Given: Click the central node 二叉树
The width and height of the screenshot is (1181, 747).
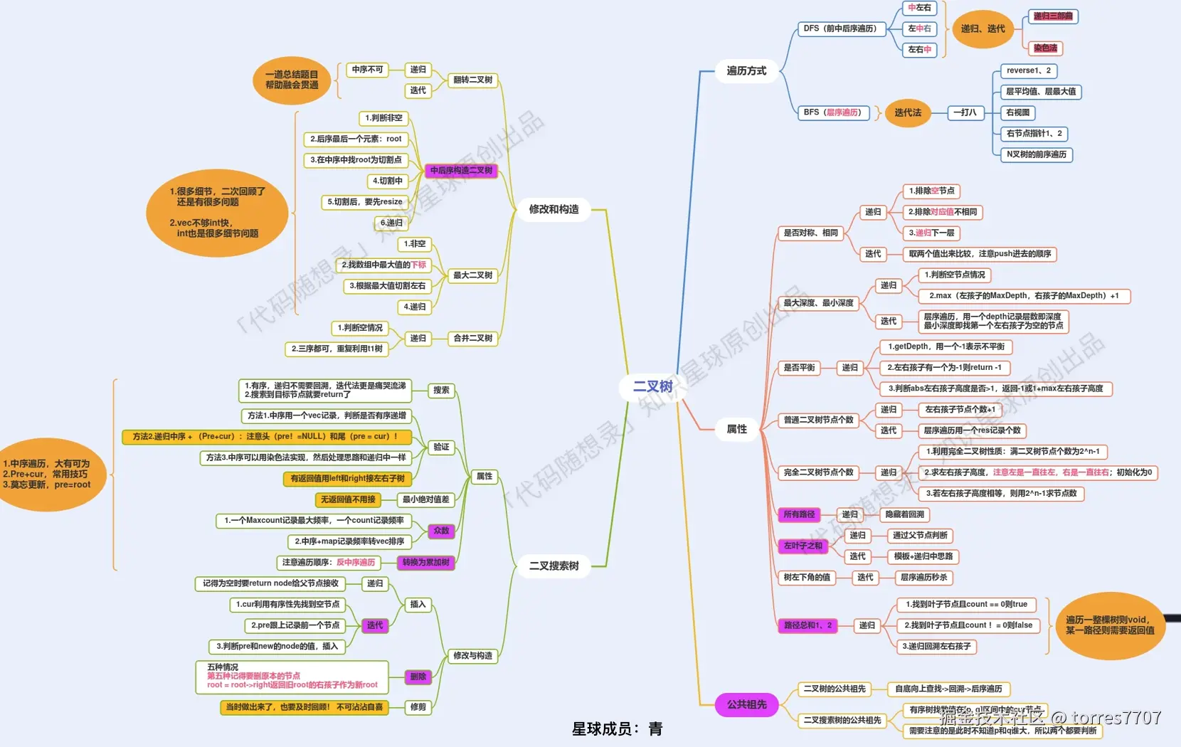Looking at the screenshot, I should (x=652, y=386).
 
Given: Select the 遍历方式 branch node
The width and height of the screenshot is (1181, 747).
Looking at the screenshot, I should (x=746, y=71).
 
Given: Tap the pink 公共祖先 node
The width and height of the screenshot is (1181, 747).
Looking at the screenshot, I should (x=746, y=704).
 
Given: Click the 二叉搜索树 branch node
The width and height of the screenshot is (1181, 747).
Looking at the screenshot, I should (x=554, y=566).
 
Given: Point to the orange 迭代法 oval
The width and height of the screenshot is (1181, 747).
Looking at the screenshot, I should (x=908, y=112).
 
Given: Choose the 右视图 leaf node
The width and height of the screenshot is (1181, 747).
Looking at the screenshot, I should (x=1017, y=112).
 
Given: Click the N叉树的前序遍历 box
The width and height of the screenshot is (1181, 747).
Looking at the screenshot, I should (x=1036, y=154).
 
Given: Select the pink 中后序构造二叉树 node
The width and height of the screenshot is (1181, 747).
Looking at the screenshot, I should (x=461, y=171).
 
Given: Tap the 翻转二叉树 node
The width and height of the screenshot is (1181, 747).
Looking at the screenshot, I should (x=472, y=80).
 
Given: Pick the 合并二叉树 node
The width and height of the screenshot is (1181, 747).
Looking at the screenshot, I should (x=472, y=338).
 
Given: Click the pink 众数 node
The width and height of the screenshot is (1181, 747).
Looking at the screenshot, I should (x=441, y=531).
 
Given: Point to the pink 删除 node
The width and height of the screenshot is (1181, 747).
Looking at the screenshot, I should (x=418, y=677).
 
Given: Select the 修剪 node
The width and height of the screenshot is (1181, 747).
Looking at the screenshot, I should (x=418, y=707).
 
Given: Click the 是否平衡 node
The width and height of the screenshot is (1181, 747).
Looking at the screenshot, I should (x=799, y=368).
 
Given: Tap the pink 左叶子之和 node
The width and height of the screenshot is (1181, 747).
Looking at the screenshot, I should (x=803, y=546).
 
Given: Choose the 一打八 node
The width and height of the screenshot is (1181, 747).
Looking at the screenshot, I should (x=965, y=112).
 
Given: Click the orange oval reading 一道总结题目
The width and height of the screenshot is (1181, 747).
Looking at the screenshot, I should (x=292, y=80).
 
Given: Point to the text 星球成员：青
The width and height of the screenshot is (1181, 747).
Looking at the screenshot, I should (x=617, y=729).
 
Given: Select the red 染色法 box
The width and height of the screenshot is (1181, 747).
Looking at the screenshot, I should (x=1045, y=48).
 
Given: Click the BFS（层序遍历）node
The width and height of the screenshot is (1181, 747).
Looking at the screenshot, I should (x=832, y=112).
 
